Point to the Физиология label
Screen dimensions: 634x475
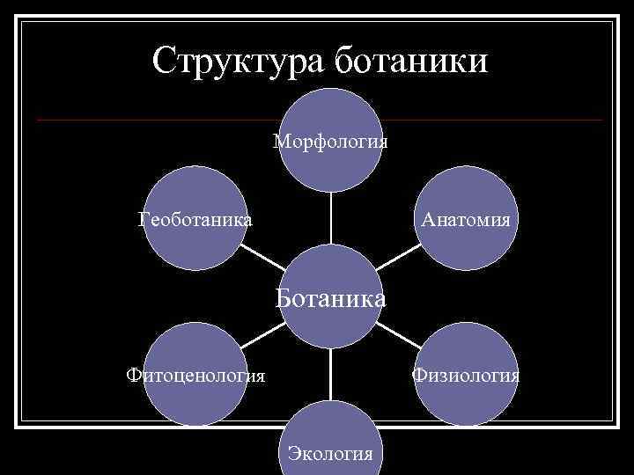(x=467, y=376)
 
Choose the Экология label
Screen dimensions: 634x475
(x=330, y=453)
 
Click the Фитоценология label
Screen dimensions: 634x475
(x=195, y=376)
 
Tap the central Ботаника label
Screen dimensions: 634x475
(x=331, y=298)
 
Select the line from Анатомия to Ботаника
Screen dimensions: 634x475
(x=396, y=259)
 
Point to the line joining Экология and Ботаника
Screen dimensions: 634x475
(x=331, y=375)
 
